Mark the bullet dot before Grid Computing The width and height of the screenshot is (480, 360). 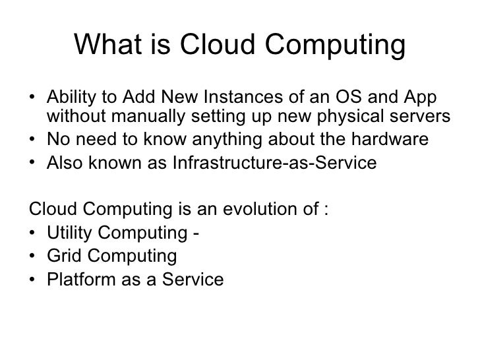point(34,256)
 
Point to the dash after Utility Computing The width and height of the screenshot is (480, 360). point(198,235)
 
